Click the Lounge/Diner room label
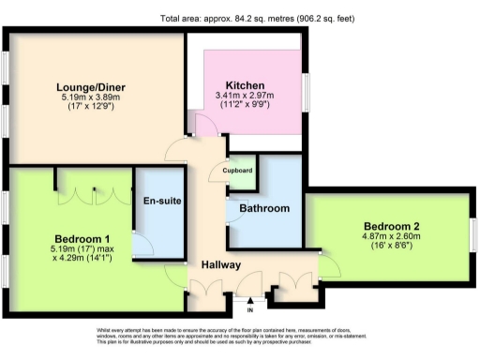[91, 88]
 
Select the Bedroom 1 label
[82, 238]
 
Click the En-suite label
[161, 202]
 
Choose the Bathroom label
[264, 208]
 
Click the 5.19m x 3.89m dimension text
[91, 97]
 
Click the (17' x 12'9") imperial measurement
[91, 107]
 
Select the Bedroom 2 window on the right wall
[474, 233]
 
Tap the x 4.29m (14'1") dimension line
[82, 258]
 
